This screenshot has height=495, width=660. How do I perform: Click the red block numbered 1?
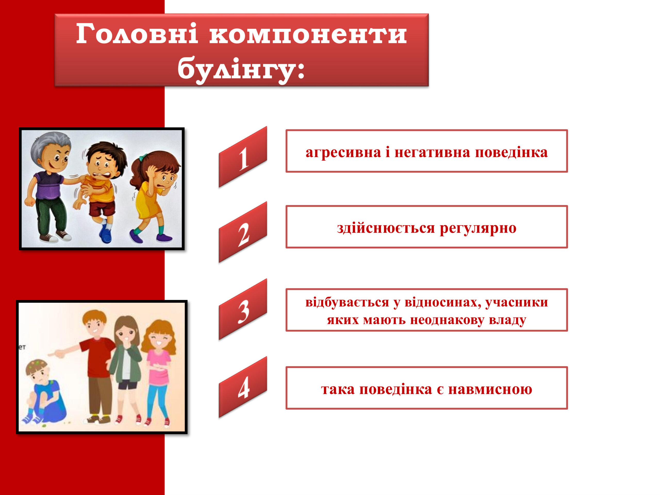[x=243, y=157]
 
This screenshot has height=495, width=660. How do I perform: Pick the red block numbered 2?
[x=243, y=233]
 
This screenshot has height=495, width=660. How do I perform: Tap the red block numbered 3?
[x=243, y=310]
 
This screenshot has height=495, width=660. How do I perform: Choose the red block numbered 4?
[x=243, y=387]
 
